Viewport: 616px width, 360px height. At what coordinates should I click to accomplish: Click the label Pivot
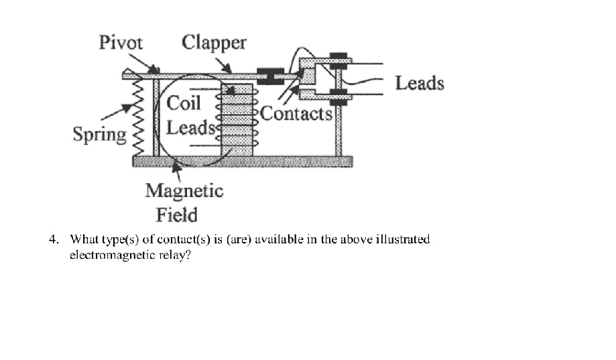[121, 43]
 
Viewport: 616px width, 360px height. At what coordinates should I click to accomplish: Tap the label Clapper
[214, 43]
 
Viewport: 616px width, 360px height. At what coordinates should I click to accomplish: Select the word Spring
[100, 135]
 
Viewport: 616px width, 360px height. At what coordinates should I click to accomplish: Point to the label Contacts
[296, 113]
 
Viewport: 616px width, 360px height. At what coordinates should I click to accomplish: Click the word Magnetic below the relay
[184, 191]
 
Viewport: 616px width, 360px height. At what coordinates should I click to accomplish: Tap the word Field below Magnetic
[177, 215]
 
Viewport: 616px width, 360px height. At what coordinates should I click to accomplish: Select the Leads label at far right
[420, 83]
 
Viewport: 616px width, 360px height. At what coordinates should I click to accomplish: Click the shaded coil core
[237, 121]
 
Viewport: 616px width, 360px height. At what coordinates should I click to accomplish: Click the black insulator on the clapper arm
[271, 75]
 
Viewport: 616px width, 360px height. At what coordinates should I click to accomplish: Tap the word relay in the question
[176, 255]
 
